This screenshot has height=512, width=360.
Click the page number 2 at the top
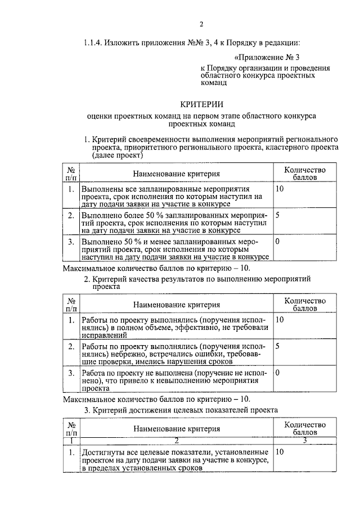(x=201, y=24)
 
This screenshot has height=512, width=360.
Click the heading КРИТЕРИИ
(x=201, y=104)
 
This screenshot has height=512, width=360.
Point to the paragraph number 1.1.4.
(x=94, y=43)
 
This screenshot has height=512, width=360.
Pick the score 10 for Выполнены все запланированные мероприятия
(x=280, y=190)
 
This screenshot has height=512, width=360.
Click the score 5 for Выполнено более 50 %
(x=278, y=215)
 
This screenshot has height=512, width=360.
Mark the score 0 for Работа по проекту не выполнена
(x=278, y=372)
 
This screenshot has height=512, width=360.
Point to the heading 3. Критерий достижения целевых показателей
(x=181, y=410)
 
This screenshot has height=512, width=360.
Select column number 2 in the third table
(x=176, y=440)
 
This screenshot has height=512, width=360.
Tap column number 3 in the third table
(x=304, y=440)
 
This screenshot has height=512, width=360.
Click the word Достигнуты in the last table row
(x=102, y=452)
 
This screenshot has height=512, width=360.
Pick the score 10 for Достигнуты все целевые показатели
(x=280, y=452)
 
